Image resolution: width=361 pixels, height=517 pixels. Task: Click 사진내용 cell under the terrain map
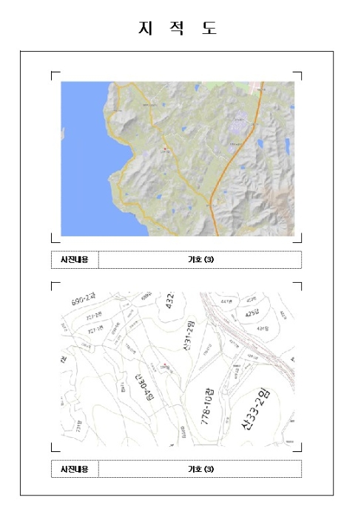pos(74,259)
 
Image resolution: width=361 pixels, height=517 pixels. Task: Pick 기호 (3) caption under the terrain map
pos(200,259)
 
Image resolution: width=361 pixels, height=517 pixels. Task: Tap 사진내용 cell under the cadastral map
pos(74,469)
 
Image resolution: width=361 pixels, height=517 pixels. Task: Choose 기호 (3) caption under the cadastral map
pos(200,469)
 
